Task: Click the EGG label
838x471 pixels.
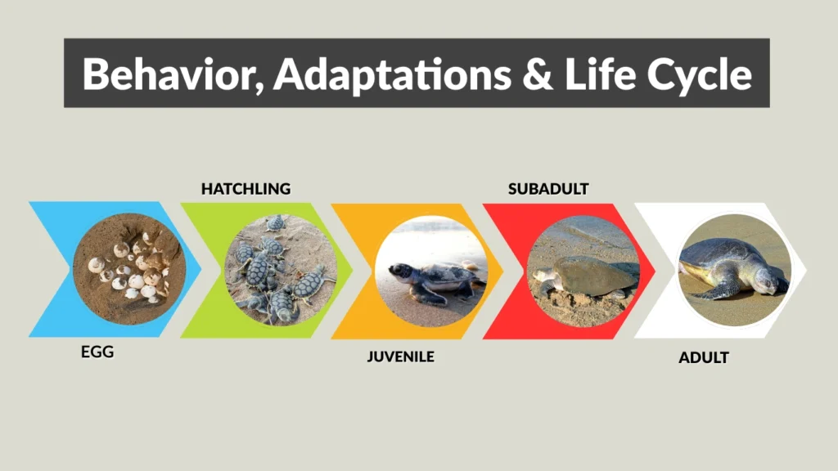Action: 97,354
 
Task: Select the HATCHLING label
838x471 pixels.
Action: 246,189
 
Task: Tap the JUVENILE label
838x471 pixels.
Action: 400,357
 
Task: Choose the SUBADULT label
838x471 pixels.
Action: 548,189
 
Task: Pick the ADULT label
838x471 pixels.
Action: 704,357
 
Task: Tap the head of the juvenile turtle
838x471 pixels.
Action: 399,271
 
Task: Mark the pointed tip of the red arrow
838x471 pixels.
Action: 655,271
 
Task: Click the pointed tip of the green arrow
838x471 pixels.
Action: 353,271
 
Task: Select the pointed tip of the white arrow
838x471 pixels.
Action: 806,271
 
